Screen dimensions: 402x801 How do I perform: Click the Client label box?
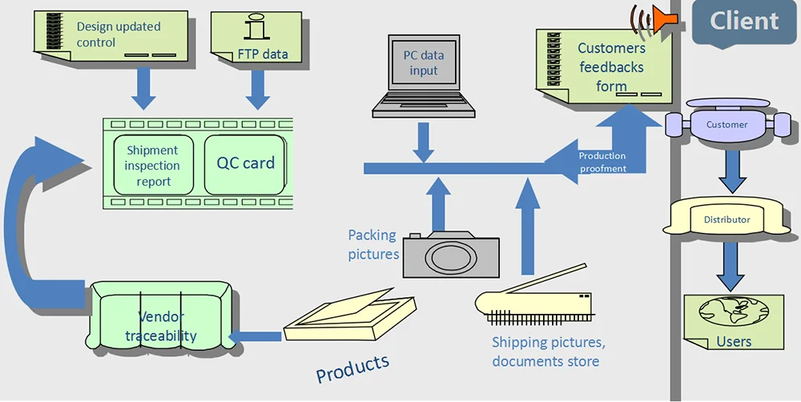click(743, 22)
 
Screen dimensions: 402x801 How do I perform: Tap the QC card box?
click(245, 163)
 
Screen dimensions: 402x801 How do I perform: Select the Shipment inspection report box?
click(152, 165)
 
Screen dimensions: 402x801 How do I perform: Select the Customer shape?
click(727, 125)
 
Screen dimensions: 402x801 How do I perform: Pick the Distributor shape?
click(727, 219)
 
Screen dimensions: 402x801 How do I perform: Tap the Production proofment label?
click(602, 162)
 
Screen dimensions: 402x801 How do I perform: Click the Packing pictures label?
click(372, 244)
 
